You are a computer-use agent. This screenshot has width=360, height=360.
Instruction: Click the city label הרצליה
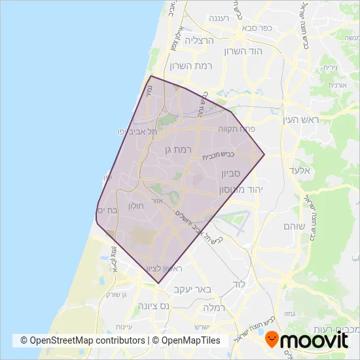pyautogui.click(x=200, y=41)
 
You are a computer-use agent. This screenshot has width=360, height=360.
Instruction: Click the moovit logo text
pyautogui.click(x=317, y=340)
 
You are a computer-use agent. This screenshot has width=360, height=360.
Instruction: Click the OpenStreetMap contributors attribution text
pyautogui.click(x=82, y=340)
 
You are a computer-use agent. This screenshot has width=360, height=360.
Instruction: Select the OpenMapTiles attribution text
pyautogui.click(x=191, y=340)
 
